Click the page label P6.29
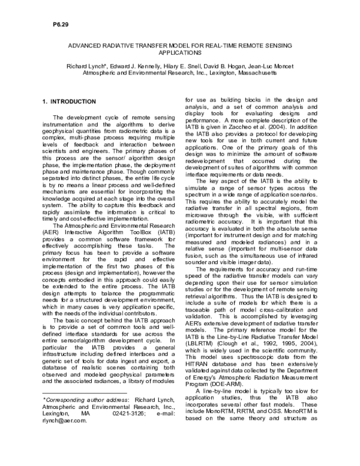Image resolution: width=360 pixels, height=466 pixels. (53, 26)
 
